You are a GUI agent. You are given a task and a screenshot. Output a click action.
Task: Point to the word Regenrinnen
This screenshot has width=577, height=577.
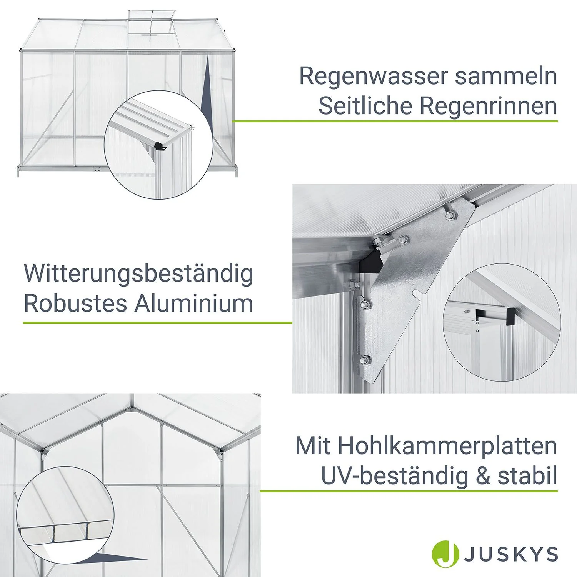(x=488, y=106)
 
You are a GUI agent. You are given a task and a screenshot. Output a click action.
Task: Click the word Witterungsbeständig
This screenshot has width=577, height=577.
(x=138, y=274)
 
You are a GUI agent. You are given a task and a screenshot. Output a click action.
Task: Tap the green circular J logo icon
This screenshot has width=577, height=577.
(x=445, y=554)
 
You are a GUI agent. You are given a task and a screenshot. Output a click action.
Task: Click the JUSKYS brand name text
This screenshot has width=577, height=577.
(x=511, y=554)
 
